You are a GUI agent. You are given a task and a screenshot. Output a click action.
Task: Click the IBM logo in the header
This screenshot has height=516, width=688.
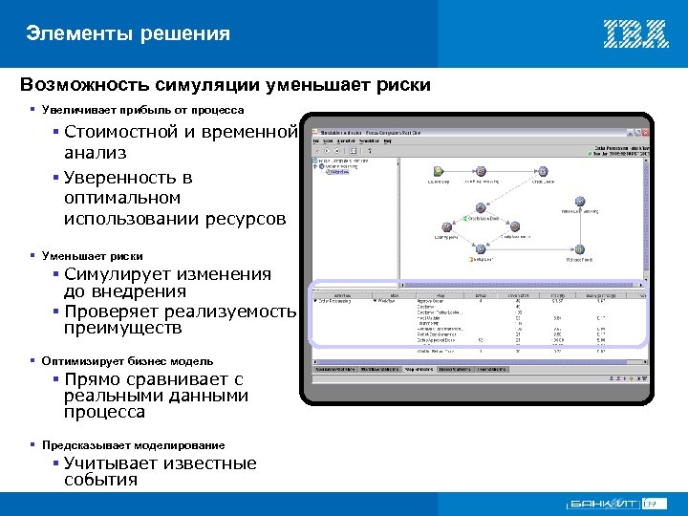pyautogui.click(x=634, y=33)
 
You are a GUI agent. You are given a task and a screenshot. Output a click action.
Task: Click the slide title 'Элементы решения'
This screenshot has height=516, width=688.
pyautogui.click(x=128, y=34)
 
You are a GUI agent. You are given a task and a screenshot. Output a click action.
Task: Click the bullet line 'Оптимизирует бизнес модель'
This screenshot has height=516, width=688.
pyautogui.click(x=127, y=361)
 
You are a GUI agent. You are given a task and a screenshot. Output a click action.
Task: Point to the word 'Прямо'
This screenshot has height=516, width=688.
pyautogui.click(x=93, y=379)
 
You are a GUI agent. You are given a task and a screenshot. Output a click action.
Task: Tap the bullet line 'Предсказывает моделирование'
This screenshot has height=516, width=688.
pyautogui.click(x=133, y=445)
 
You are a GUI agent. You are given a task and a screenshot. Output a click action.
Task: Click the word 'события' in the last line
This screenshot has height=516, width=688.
pyautogui.click(x=100, y=481)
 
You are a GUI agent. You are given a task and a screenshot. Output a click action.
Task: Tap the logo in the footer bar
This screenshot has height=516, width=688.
pyautogui.click(x=616, y=504)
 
